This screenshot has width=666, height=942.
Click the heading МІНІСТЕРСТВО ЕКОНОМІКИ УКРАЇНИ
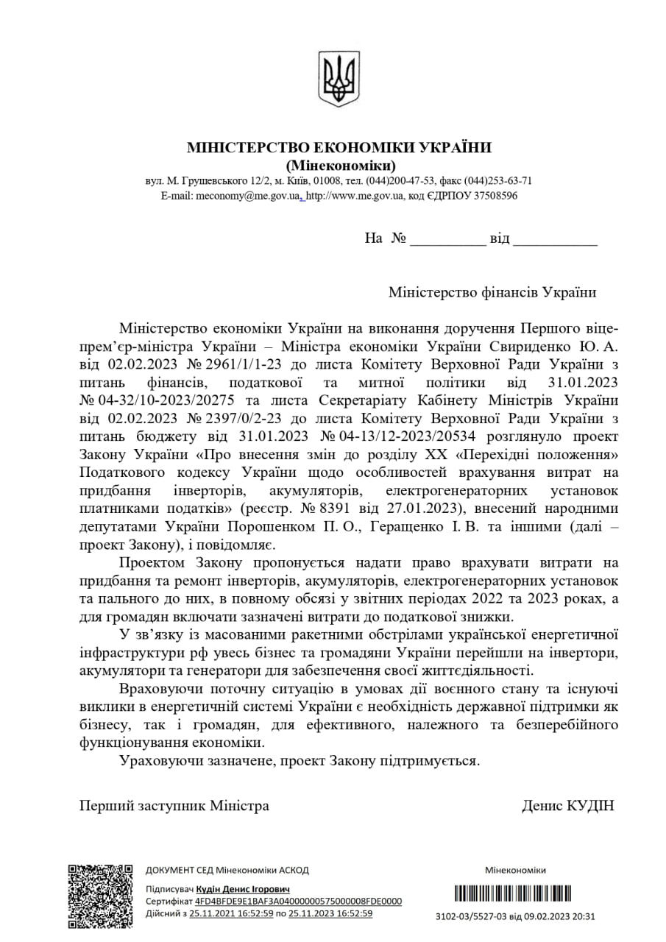339,147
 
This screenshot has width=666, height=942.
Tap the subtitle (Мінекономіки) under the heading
339,165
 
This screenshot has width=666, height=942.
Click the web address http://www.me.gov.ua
355,196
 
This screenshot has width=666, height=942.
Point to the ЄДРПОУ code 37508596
492,196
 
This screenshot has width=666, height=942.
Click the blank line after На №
447,240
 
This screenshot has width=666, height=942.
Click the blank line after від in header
554,240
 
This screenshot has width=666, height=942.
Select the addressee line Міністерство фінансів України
492,292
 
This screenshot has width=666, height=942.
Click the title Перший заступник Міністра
174,806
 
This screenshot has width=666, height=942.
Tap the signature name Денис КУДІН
567,806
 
